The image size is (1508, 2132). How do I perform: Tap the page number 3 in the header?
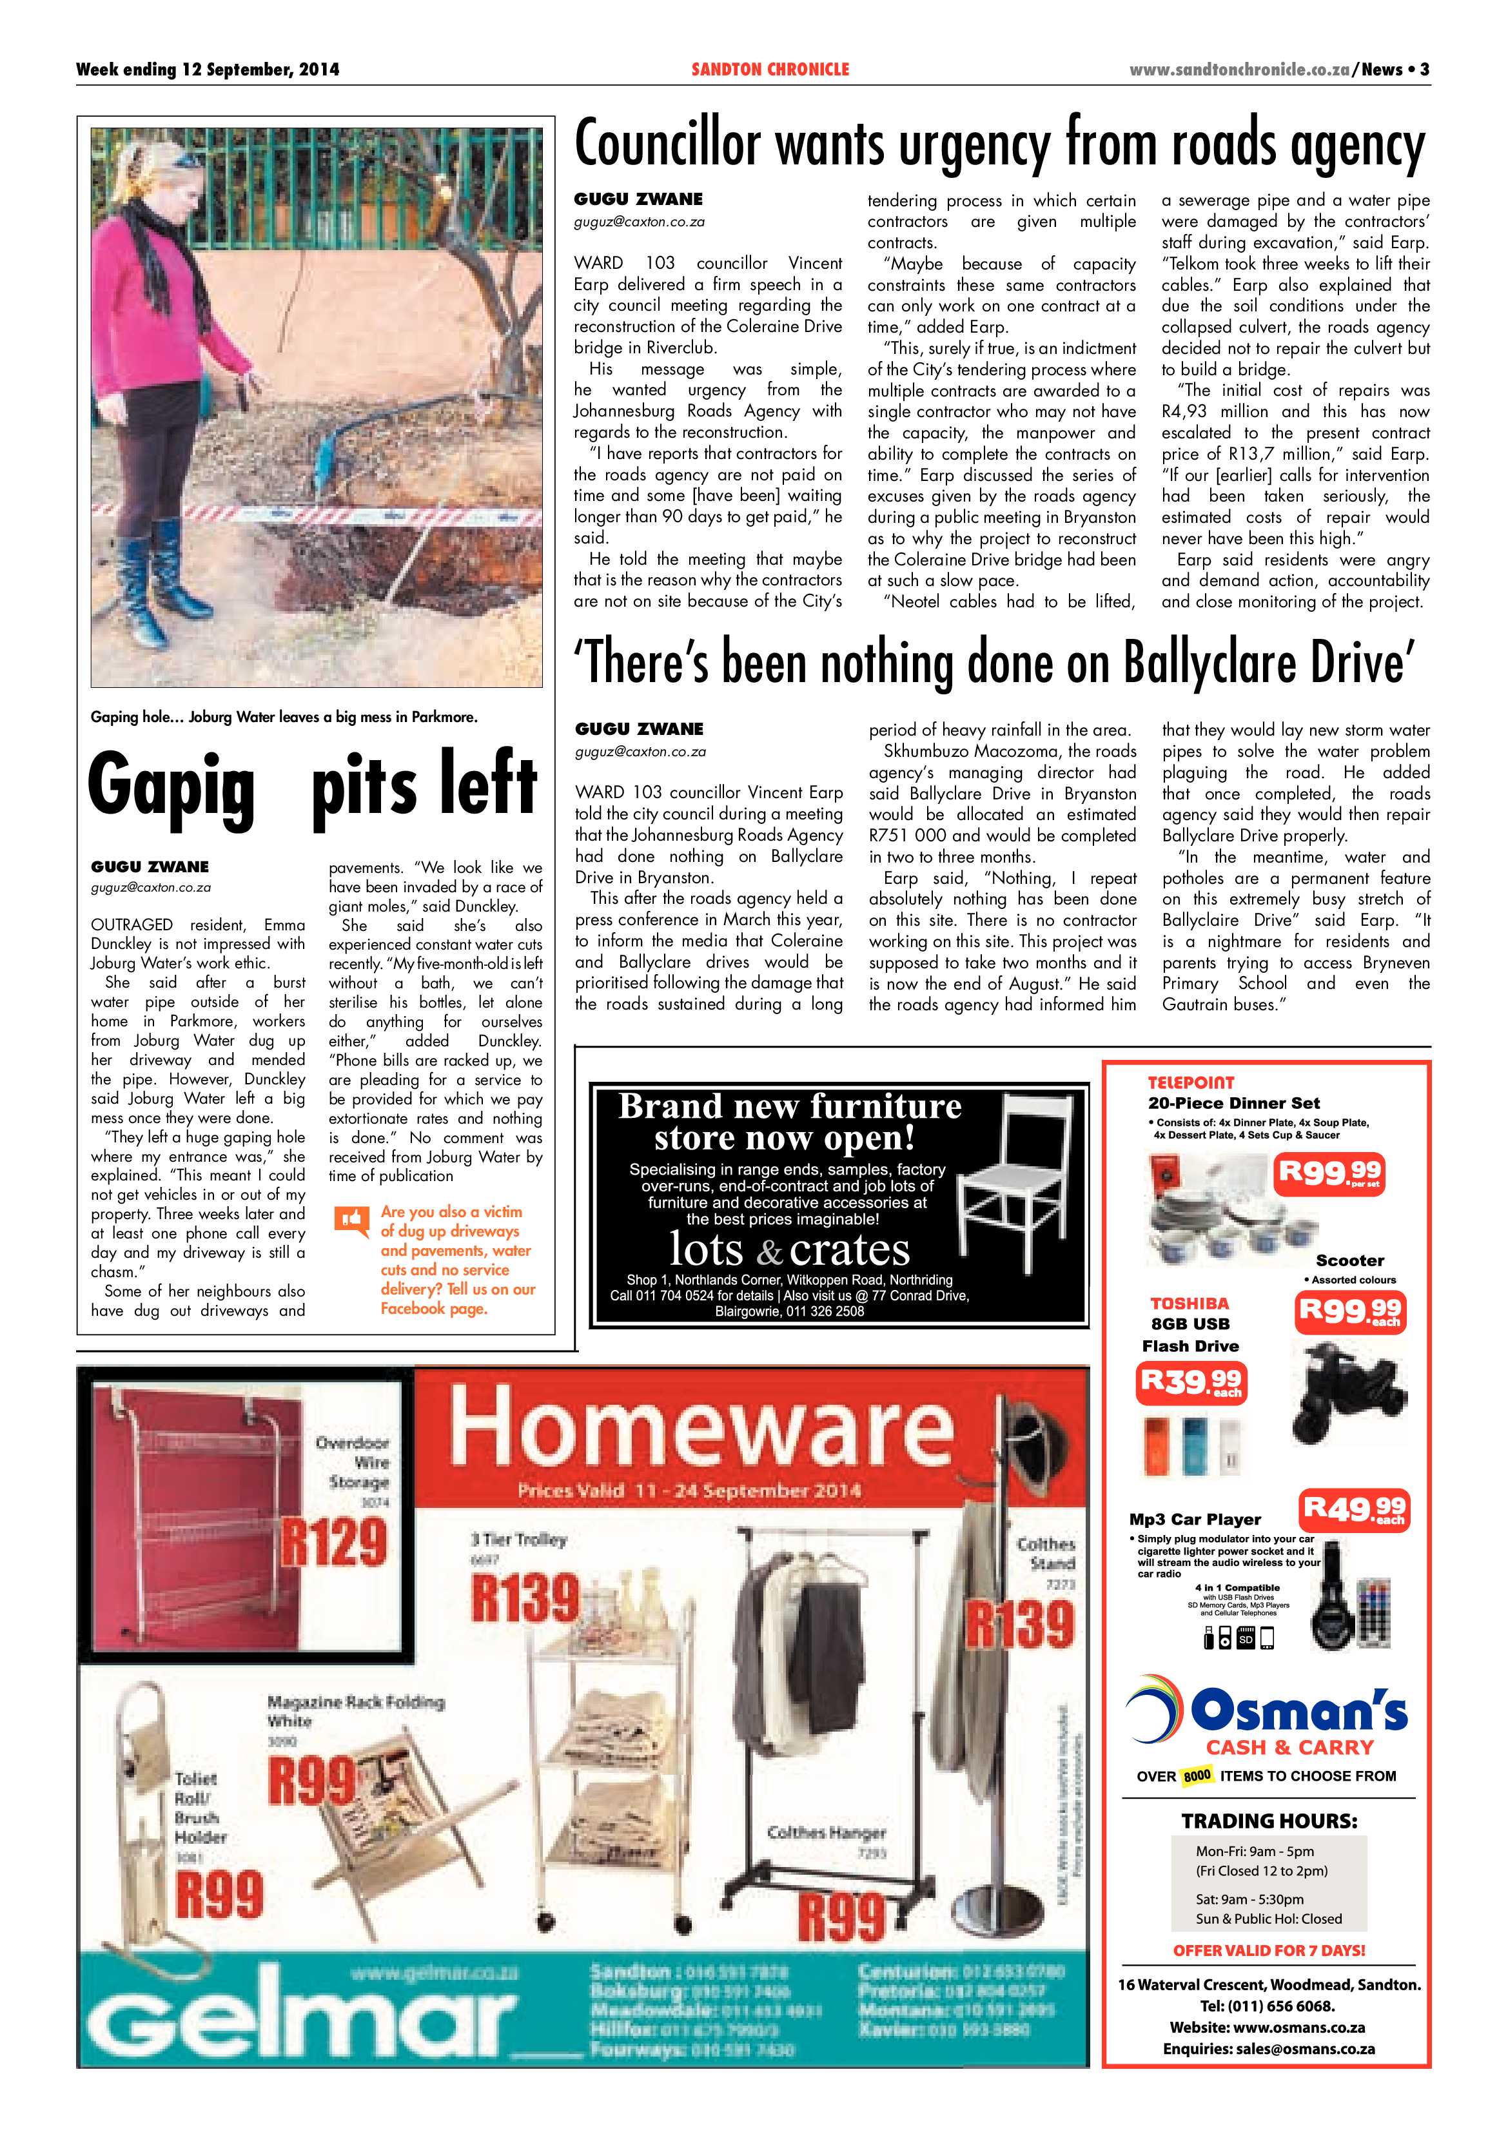tap(1424, 70)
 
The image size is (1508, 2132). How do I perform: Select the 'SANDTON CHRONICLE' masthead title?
tap(770, 70)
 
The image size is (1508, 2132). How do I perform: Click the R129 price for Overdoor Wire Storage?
tap(334, 1541)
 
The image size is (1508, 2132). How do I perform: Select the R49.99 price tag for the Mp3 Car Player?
tap(1354, 1510)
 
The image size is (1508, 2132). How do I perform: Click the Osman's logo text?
tap(1298, 1710)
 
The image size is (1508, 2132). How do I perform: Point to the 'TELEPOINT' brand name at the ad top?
tap(1191, 1082)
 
